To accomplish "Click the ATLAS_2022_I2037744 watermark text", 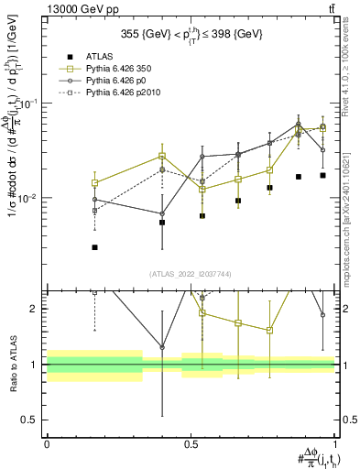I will (191, 274).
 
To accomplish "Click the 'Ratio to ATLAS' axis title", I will (11, 365).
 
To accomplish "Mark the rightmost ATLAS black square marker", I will (322, 175).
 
